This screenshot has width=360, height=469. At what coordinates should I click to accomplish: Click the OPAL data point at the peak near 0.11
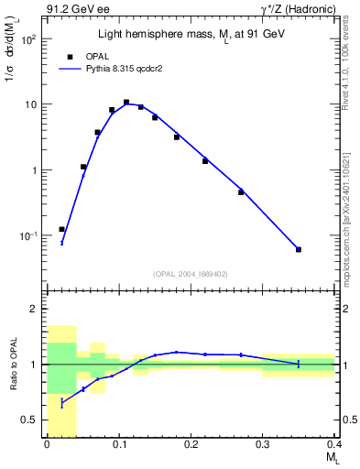[126, 103]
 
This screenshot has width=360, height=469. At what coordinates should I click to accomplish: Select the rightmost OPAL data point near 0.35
[299, 249]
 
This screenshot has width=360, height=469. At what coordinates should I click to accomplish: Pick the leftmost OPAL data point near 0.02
[61, 229]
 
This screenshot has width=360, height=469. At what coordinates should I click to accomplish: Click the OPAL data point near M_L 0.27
[241, 192]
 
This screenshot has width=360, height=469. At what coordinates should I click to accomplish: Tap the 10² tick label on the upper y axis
[27, 39]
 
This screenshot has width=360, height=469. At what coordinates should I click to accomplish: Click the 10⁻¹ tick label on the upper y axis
[27, 235]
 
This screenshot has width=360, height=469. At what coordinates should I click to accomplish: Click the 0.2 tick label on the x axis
[191, 445]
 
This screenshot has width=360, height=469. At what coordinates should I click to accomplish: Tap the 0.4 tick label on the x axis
[334, 445]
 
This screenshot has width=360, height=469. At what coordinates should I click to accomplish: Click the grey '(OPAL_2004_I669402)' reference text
[190, 273]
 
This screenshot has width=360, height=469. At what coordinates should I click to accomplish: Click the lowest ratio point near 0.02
[61, 402]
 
